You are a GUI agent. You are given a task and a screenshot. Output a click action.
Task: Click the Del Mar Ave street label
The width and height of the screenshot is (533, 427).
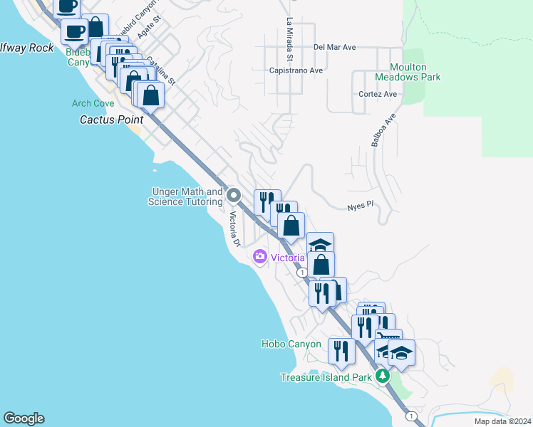pos(334,48)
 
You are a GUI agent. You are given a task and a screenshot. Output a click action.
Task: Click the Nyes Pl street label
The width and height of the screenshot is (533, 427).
pos(361,205)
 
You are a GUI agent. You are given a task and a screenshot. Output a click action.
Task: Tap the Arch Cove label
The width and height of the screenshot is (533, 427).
pos(93,103)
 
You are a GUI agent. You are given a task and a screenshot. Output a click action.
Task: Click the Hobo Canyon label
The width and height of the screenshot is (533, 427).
pos(294,344)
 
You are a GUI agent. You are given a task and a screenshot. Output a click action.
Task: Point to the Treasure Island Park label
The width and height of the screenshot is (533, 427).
pos(326,377)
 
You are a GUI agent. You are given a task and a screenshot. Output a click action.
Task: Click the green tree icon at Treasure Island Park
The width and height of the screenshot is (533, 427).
pos(383,376)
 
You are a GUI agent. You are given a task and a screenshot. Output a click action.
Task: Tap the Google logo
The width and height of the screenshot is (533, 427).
pos(24,418)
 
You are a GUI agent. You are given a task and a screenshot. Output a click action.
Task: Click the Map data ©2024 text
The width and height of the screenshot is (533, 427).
pos(502,421)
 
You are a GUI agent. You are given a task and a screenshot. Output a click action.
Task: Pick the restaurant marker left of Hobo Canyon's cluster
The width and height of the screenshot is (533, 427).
pos(341,352)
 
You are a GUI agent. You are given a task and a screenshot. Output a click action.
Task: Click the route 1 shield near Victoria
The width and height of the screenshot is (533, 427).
pos(303,273)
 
